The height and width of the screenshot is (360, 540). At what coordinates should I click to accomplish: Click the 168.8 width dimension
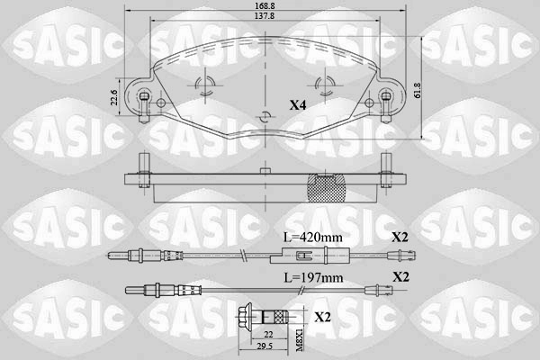[x=265, y=6]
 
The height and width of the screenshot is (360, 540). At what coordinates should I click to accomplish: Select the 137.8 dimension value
[x=265, y=16]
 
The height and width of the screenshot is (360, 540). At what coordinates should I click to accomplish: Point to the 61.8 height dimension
[x=418, y=91]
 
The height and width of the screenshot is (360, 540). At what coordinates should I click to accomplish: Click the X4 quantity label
[x=298, y=105]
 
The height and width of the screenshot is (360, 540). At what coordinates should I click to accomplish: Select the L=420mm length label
[x=312, y=237]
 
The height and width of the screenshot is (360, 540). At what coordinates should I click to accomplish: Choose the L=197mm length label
[x=313, y=277]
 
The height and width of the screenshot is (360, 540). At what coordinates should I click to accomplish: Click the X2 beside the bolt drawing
[x=322, y=317]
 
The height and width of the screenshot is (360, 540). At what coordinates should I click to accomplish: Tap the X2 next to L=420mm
[x=400, y=237]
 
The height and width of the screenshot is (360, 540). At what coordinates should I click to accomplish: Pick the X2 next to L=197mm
[x=400, y=277]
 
